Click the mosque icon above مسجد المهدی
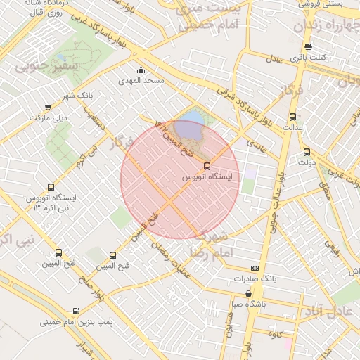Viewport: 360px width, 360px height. (141, 70)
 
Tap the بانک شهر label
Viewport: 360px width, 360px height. (77, 95)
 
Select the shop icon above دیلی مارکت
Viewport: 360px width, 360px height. (48, 108)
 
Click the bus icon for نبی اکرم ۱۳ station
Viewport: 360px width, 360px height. (50, 187)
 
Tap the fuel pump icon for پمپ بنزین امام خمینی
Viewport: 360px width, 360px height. (76, 311)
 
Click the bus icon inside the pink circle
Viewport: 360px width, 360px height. (206, 166)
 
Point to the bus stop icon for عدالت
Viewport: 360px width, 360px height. (292, 117)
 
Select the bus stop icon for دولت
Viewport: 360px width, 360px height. (307, 152)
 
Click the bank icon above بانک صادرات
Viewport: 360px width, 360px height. (254, 268)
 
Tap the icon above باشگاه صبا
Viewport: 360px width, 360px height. (249, 293)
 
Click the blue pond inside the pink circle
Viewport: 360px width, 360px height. (188, 129)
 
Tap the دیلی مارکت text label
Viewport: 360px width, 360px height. (48, 119)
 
